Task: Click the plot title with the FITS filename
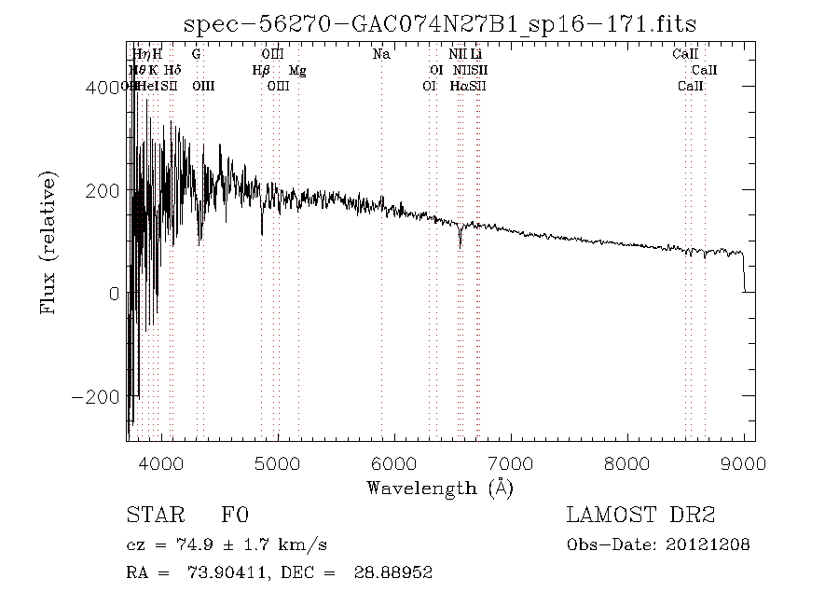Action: coord(440,23)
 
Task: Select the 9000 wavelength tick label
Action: coord(744,462)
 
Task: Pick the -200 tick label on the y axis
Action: coord(96,397)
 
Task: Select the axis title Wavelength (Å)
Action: coord(440,487)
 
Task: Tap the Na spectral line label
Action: coord(380,54)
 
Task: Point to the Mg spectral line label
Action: coord(297,70)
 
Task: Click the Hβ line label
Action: coord(261,70)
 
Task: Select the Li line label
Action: coord(475,54)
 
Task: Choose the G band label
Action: coord(196,54)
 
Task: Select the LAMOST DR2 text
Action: coord(640,515)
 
